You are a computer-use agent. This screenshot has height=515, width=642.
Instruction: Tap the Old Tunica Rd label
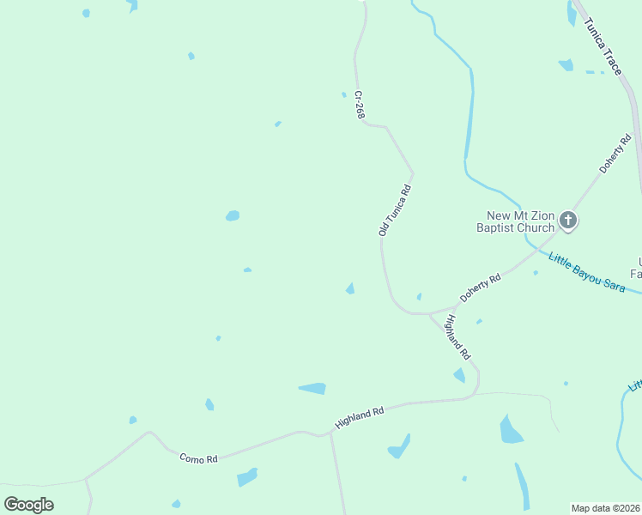click(x=395, y=210)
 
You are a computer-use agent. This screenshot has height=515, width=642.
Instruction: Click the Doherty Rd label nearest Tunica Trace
click(x=615, y=154)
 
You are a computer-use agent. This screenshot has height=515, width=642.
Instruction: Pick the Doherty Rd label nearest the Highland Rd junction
click(x=480, y=288)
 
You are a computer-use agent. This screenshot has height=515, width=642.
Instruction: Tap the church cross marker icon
click(x=567, y=221)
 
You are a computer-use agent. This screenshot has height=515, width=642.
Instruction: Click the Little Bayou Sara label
click(x=586, y=272)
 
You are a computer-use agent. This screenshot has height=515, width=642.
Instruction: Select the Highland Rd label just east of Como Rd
click(x=359, y=418)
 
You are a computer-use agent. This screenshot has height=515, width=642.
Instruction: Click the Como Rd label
click(x=198, y=458)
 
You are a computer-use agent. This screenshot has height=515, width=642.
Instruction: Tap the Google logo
click(x=29, y=504)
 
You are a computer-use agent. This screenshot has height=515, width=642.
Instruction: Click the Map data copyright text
click(x=606, y=508)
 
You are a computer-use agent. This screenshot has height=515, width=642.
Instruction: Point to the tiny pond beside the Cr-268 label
click(x=344, y=94)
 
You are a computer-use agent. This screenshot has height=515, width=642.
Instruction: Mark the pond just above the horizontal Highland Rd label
click(x=312, y=389)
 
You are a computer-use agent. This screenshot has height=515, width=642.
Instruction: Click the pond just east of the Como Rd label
click(x=247, y=476)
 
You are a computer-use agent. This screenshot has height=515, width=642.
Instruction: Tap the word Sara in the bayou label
click(x=612, y=284)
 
